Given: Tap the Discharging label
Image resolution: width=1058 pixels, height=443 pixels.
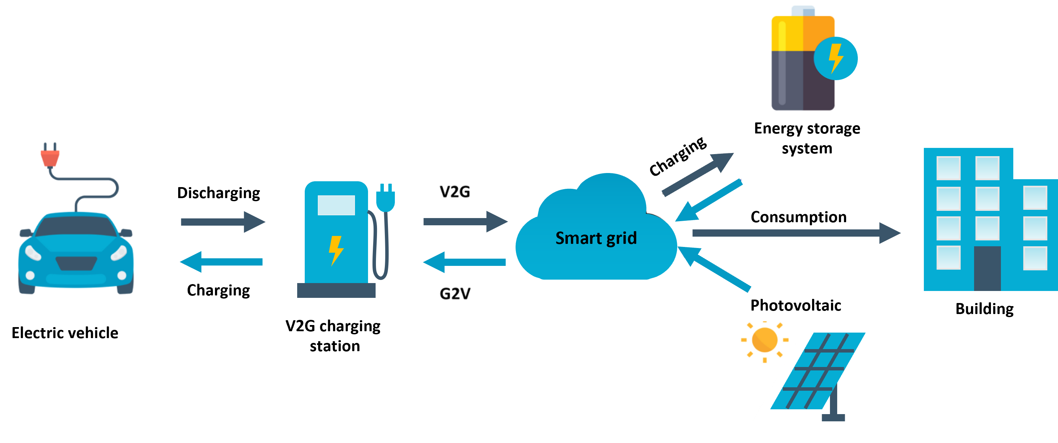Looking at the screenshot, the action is tap(218, 193).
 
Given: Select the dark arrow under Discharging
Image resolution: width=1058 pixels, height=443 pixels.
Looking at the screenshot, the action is tap(223, 222).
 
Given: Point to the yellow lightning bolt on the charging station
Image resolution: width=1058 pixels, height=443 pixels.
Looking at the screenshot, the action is tap(336, 250).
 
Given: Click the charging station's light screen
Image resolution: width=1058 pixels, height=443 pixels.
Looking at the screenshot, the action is tap(336, 205).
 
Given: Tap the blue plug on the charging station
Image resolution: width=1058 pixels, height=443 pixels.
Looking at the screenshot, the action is tap(386, 198).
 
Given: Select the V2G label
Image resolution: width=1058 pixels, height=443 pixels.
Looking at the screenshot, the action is tap(455, 192).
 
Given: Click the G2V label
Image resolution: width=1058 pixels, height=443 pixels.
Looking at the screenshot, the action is tap(455, 293).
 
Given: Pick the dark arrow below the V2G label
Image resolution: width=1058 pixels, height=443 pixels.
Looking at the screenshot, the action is tap(466, 222).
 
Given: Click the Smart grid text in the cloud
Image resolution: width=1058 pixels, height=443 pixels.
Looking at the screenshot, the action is tap(596, 238).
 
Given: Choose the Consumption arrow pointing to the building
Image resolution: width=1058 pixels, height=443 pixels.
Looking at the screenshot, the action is tap(796, 233).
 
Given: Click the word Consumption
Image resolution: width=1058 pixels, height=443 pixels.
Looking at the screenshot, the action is tap(798, 217).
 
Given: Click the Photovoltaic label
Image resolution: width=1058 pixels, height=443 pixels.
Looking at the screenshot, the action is tap(796, 305).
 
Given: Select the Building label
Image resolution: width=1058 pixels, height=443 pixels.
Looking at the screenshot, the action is tap(984, 309).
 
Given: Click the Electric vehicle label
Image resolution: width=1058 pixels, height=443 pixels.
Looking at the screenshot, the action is tap(65, 333).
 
